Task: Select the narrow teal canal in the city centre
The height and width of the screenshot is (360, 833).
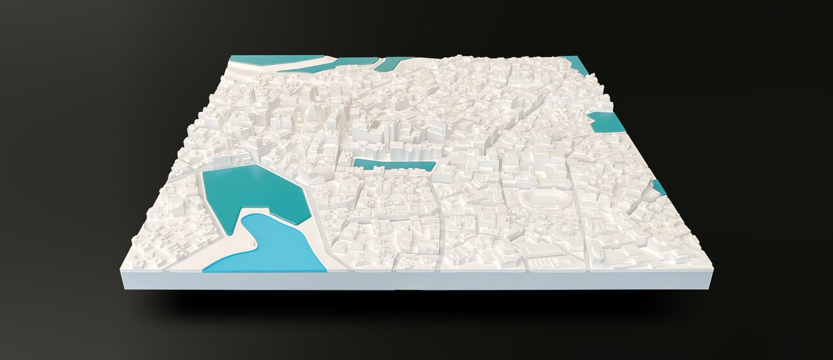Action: coord(394,165)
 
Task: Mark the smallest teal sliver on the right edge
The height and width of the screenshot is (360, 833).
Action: coord(659,187)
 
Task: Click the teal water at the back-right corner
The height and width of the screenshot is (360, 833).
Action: coord(578,64)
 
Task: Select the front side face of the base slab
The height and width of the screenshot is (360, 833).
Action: coord(416,281)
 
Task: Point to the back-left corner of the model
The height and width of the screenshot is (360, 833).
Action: coord(230,57)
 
